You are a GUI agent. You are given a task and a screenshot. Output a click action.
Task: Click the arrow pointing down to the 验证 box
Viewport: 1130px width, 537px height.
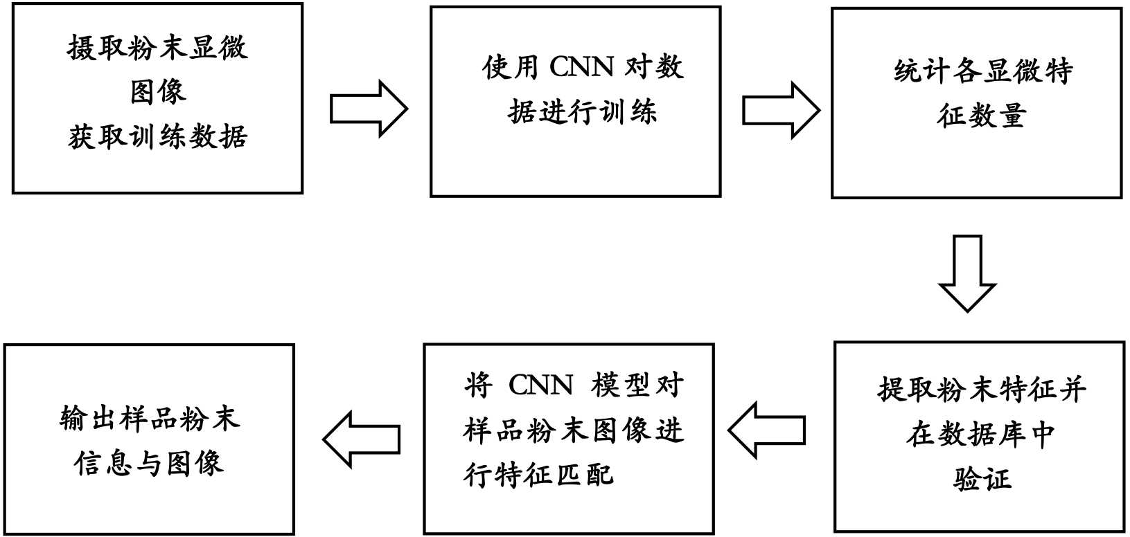[x=967, y=273]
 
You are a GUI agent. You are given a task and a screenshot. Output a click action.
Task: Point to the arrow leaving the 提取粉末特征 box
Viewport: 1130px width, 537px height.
[x=767, y=430]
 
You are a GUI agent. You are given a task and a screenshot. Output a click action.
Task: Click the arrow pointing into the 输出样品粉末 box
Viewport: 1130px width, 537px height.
[x=362, y=439]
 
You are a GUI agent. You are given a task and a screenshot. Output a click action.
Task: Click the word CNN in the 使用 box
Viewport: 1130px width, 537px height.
[x=581, y=67]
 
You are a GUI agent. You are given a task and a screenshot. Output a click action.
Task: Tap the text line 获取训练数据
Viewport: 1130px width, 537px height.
[x=158, y=136]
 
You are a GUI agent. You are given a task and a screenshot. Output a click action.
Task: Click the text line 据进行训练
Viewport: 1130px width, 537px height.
[x=582, y=112]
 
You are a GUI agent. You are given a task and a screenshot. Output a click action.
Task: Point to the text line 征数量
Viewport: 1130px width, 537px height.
[x=981, y=116]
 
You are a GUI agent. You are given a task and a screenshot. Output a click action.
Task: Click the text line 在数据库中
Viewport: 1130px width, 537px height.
[x=981, y=434]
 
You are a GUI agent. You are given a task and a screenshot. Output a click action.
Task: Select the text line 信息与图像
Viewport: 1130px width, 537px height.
[x=149, y=463]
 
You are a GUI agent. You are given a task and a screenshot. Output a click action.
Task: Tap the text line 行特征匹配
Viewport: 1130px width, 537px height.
[x=539, y=475]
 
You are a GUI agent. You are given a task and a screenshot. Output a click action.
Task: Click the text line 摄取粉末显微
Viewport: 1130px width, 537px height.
[x=157, y=48]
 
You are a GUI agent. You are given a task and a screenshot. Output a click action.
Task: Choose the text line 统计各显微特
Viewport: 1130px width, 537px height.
[x=983, y=71]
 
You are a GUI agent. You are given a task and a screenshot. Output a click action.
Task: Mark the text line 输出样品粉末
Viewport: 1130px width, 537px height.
[x=150, y=419]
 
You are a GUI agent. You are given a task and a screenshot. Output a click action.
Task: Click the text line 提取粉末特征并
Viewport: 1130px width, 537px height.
[x=982, y=390]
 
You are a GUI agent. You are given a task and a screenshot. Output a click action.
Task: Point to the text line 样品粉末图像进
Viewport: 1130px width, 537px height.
[x=574, y=430]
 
